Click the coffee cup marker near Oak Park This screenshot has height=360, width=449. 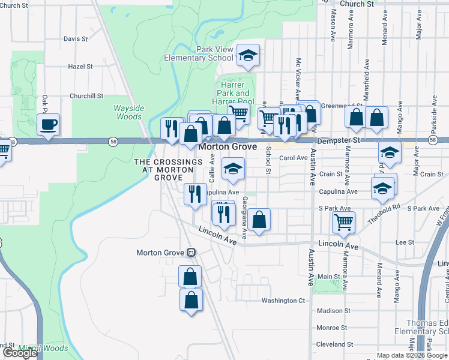[48, 125]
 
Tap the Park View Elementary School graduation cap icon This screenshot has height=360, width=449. [247, 56]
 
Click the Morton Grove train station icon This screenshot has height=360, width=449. [191, 253]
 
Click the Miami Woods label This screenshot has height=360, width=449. [43, 348]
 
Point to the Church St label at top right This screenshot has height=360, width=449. [357, 4]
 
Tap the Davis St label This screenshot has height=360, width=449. [76, 39]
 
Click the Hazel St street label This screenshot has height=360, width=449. [80, 67]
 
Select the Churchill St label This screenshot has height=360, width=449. [86, 96]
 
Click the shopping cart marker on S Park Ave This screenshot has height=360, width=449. [343, 222]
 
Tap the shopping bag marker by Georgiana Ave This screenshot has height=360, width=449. [259, 220]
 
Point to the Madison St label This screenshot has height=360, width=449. [333, 311]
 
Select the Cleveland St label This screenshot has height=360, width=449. [335, 345]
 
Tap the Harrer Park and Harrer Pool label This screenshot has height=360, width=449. [233, 93]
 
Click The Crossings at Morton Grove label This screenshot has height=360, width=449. [168, 170]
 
